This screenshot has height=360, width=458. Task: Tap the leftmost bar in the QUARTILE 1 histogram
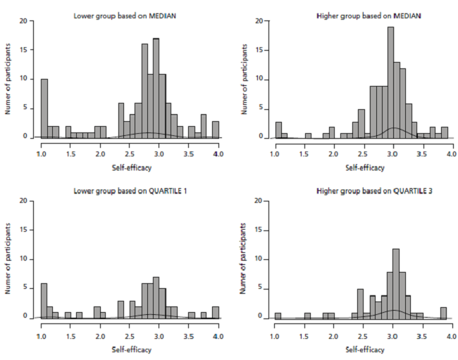(x=44, y=299)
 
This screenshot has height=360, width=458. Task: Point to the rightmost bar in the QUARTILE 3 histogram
(x=443, y=313)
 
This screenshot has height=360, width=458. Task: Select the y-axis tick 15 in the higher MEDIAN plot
(x=260, y=50)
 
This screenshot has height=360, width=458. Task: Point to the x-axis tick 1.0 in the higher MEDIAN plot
(x=276, y=152)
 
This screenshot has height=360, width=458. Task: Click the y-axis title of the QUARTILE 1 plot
(x=10, y=258)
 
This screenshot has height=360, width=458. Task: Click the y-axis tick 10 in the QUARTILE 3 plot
(x=260, y=259)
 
